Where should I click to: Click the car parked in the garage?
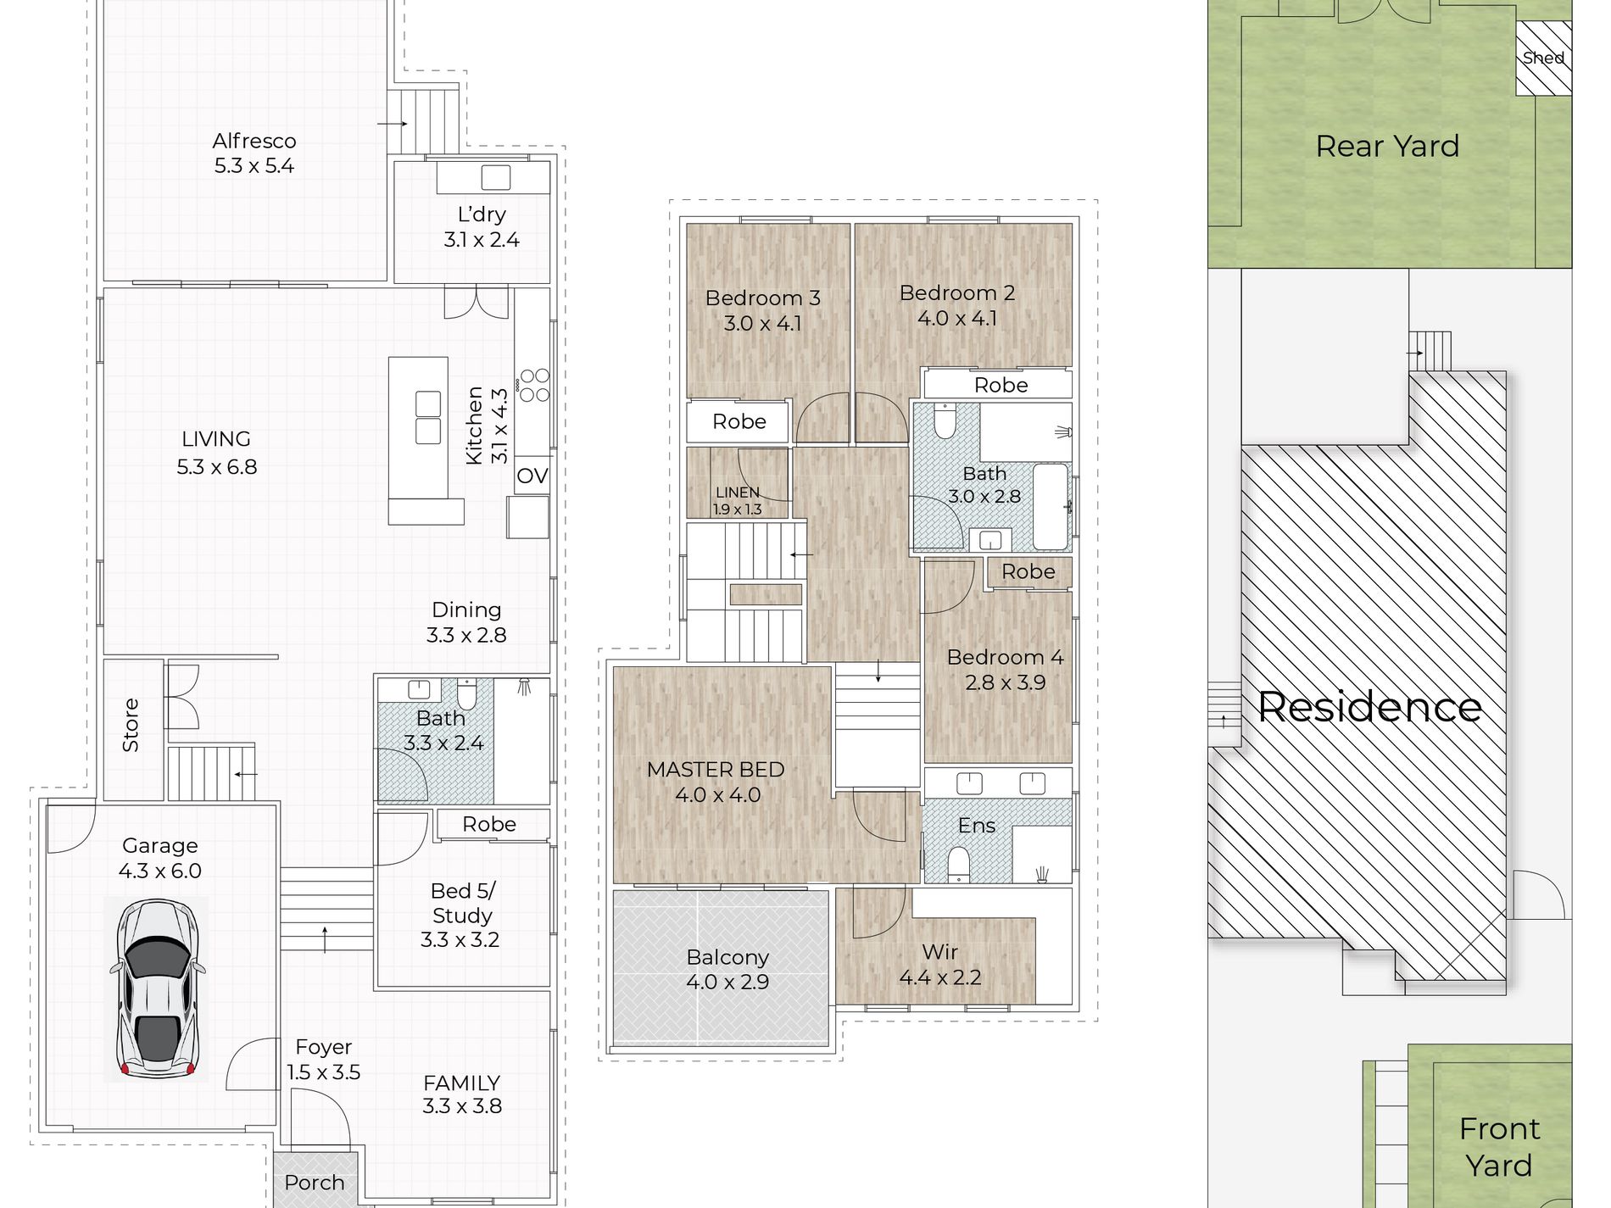point(158,988)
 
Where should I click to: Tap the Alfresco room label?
point(254,141)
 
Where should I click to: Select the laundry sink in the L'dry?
point(496,177)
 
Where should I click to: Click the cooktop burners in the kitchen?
point(534,384)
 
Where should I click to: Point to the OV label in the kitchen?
point(532,476)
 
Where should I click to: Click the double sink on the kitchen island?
point(428,417)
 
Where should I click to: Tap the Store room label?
point(131,725)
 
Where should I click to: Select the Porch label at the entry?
point(315,1183)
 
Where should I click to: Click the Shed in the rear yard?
point(1543,58)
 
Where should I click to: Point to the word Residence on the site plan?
point(1369,706)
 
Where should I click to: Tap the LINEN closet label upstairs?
point(737,492)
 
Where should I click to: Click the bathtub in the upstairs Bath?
point(1051,507)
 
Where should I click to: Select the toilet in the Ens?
point(958,864)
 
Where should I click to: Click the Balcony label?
point(727,957)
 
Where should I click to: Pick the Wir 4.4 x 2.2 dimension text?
point(940,977)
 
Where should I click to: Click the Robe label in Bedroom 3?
point(739,421)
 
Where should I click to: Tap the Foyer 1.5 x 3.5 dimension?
point(323,1072)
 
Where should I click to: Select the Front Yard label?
point(1499,1147)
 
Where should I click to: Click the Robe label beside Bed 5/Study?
point(489,824)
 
